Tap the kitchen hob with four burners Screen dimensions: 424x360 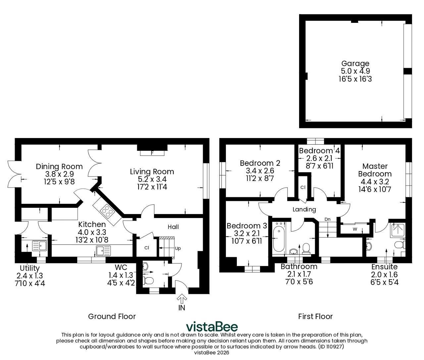click(x=107, y=211)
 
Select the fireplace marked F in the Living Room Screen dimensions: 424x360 click(x=152, y=153)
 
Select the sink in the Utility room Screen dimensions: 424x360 click(x=40, y=246)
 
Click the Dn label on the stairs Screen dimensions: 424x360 click(x=327, y=219)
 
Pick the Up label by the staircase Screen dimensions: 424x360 click(x=178, y=248)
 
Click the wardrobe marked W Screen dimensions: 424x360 click(x=355, y=229)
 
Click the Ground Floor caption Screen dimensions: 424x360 click(x=112, y=316)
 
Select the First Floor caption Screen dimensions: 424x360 click(x=315, y=316)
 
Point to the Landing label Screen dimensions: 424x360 click(x=304, y=209)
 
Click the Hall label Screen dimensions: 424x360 click(x=173, y=227)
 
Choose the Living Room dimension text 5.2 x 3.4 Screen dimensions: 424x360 click(x=152, y=179)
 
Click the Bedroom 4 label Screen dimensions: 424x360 click(x=319, y=151)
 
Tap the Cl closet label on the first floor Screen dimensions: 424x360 click(x=303, y=187)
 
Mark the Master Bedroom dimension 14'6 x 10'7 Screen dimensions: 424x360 click(x=375, y=189)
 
